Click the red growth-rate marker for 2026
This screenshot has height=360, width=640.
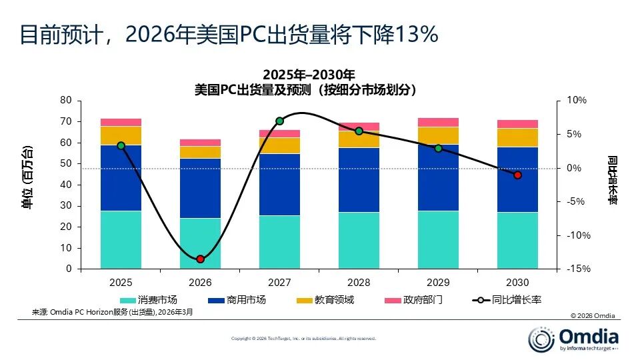[x=200, y=259]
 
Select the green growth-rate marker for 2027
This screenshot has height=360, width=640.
[x=279, y=121]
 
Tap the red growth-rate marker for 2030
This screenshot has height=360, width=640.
[x=517, y=175]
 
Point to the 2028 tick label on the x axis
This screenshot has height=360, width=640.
[x=359, y=283]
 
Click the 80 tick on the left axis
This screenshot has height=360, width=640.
[x=65, y=101]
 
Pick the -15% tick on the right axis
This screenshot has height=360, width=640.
[x=577, y=269]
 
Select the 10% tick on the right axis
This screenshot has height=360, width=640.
[x=577, y=101]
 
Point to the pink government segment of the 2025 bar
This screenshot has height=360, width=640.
[x=121, y=122]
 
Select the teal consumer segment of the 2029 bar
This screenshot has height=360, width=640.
[x=438, y=240]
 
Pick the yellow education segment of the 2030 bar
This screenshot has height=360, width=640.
[x=517, y=137]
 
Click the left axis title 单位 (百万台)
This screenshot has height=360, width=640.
[x=28, y=177]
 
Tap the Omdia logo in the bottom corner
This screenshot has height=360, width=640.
[x=573, y=339]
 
